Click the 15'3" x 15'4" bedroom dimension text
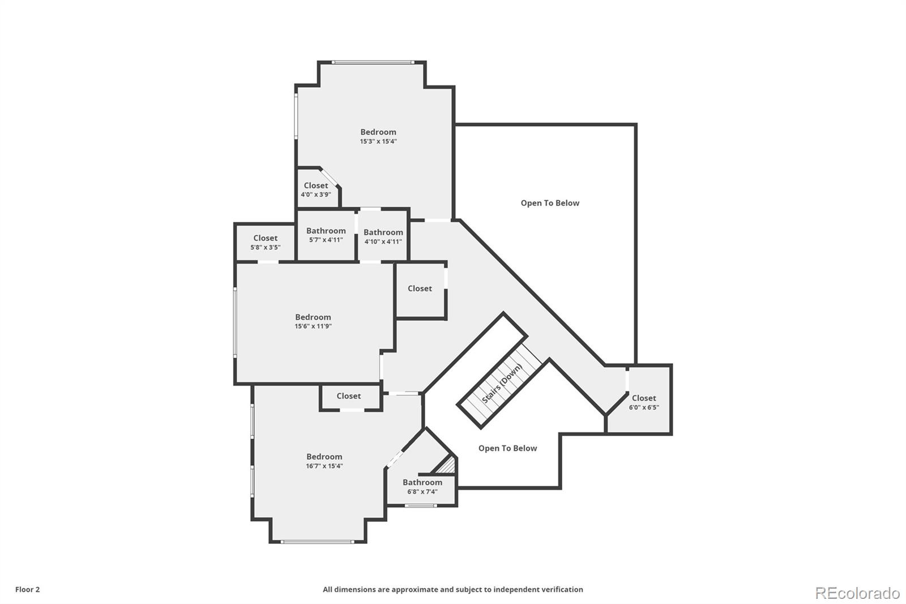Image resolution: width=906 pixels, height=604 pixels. point(378,142)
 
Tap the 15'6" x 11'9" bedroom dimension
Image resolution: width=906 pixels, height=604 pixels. point(313,326)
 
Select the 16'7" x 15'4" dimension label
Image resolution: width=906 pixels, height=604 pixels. point(324,466)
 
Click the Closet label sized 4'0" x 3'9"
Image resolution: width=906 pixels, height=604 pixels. point(316,186)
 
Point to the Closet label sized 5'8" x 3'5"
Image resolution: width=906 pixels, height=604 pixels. point(266,239)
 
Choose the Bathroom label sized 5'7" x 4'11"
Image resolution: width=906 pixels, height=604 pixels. point(326,231)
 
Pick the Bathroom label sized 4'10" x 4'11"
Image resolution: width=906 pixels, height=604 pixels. point(383,232)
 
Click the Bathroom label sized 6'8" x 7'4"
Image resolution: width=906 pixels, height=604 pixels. point(422,483)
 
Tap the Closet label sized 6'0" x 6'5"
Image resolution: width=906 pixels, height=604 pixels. point(644,398)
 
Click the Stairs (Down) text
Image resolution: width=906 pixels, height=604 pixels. point(502,384)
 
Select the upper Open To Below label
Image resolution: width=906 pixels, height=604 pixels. point(550,203)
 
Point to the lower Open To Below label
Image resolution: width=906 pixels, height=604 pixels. point(507,449)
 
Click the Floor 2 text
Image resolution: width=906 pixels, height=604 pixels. point(28,590)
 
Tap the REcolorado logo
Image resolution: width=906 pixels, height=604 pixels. point(857,593)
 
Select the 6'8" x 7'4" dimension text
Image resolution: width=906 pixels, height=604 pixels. point(422,492)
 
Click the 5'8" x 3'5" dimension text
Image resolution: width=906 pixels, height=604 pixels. point(266,248)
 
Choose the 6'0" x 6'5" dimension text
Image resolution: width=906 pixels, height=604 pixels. point(644,407)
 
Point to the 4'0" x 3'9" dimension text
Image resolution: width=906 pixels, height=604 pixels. point(316,195)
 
